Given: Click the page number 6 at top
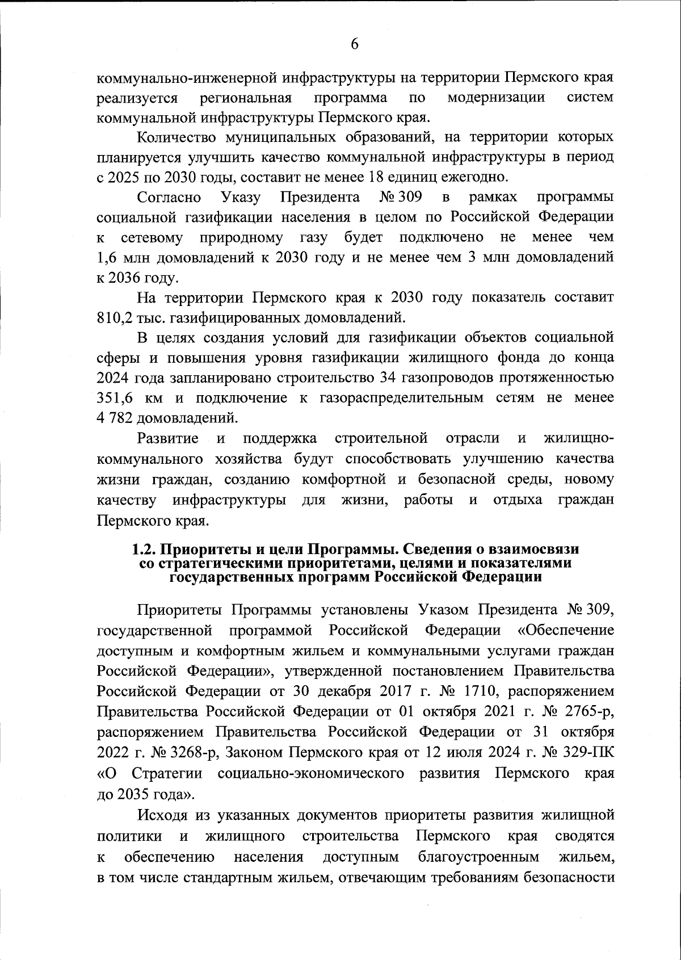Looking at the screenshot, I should tap(355, 44).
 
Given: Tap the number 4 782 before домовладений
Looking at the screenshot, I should tap(116, 418).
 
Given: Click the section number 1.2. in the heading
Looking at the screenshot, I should tap(144, 550).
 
